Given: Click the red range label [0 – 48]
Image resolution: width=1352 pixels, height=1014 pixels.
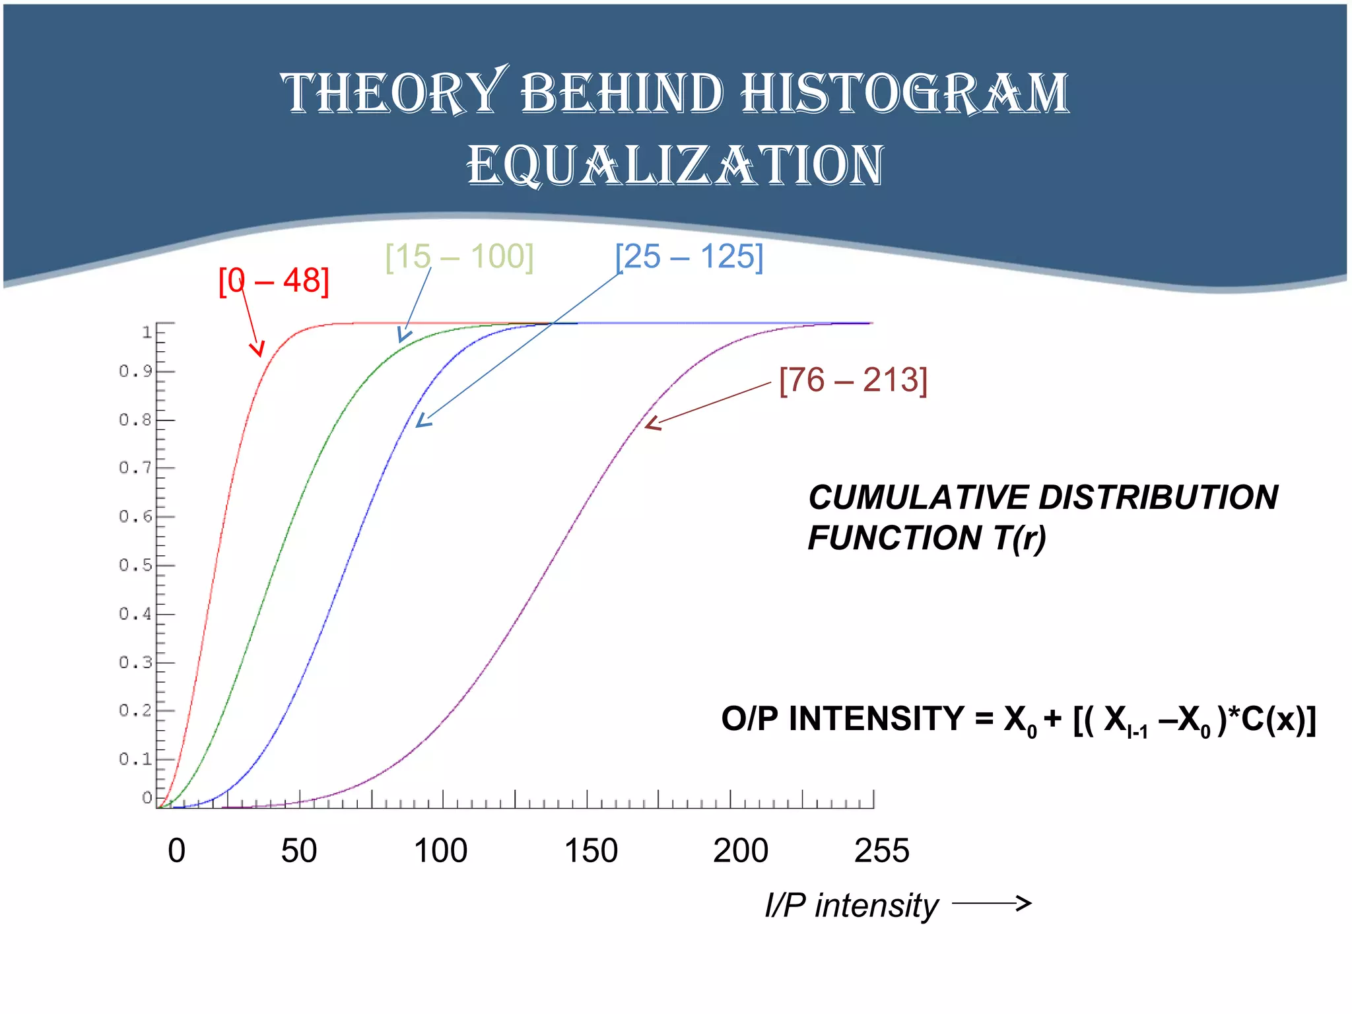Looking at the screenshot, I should pos(273,281).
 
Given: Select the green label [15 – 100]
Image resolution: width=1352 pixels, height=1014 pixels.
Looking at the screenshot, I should pos(459,257).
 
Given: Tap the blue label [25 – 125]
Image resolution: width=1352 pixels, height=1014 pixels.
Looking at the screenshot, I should pos(689,257).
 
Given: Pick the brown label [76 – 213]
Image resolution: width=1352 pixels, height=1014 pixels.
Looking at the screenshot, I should pos(853,380).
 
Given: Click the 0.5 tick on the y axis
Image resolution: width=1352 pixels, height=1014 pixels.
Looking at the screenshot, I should pos(135,565).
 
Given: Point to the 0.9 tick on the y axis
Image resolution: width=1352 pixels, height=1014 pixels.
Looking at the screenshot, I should pos(135,372).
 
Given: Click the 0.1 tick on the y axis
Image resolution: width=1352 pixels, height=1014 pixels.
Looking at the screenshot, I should pos(135,759).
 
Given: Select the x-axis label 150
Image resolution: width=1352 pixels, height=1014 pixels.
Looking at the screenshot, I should pos(591,851).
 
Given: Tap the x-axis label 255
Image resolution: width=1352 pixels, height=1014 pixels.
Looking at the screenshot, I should pos(881,851).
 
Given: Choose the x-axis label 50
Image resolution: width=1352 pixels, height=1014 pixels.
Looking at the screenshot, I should pos(299,851).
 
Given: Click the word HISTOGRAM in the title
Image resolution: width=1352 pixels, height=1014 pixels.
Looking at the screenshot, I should pos(904,94).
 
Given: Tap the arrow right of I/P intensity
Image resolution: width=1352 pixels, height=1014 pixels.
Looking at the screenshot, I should pos(992,904).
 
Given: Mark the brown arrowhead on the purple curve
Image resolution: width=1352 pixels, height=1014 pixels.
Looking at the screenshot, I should pos(652,424).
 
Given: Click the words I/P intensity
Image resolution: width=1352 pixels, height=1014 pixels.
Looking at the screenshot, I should pos(851,905).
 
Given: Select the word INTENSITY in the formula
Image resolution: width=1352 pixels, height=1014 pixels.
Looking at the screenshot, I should pos(876,719).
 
